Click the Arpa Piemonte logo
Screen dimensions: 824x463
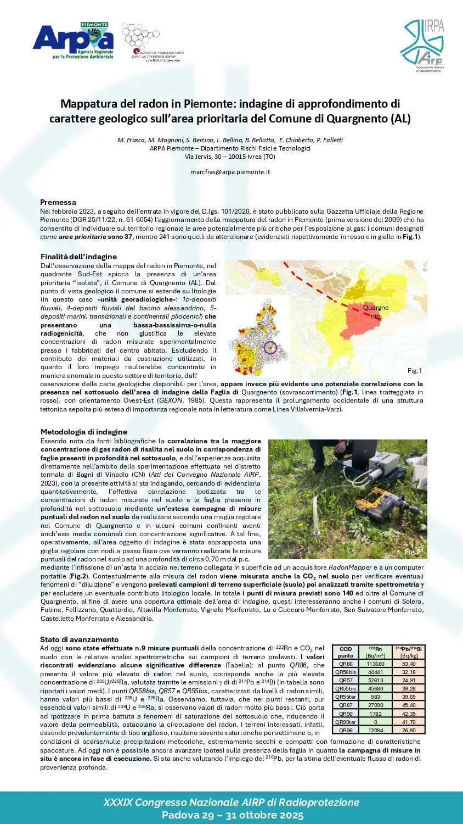point(73,41)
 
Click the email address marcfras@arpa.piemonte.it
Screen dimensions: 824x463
point(230,172)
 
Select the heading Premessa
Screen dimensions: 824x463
point(58,202)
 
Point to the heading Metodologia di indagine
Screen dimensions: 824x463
point(84,432)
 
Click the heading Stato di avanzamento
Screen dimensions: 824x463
point(80,639)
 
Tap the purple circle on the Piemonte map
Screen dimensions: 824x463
point(269,347)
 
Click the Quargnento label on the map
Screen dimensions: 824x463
point(376,311)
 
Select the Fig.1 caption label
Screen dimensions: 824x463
point(415,371)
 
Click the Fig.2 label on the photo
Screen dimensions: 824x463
point(412,552)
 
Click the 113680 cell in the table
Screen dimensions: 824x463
point(375,664)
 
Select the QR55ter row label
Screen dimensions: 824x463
point(346,697)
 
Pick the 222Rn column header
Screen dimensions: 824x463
point(375,652)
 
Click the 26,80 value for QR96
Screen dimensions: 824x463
point(409,730)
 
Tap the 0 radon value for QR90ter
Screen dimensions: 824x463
point(375,722)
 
